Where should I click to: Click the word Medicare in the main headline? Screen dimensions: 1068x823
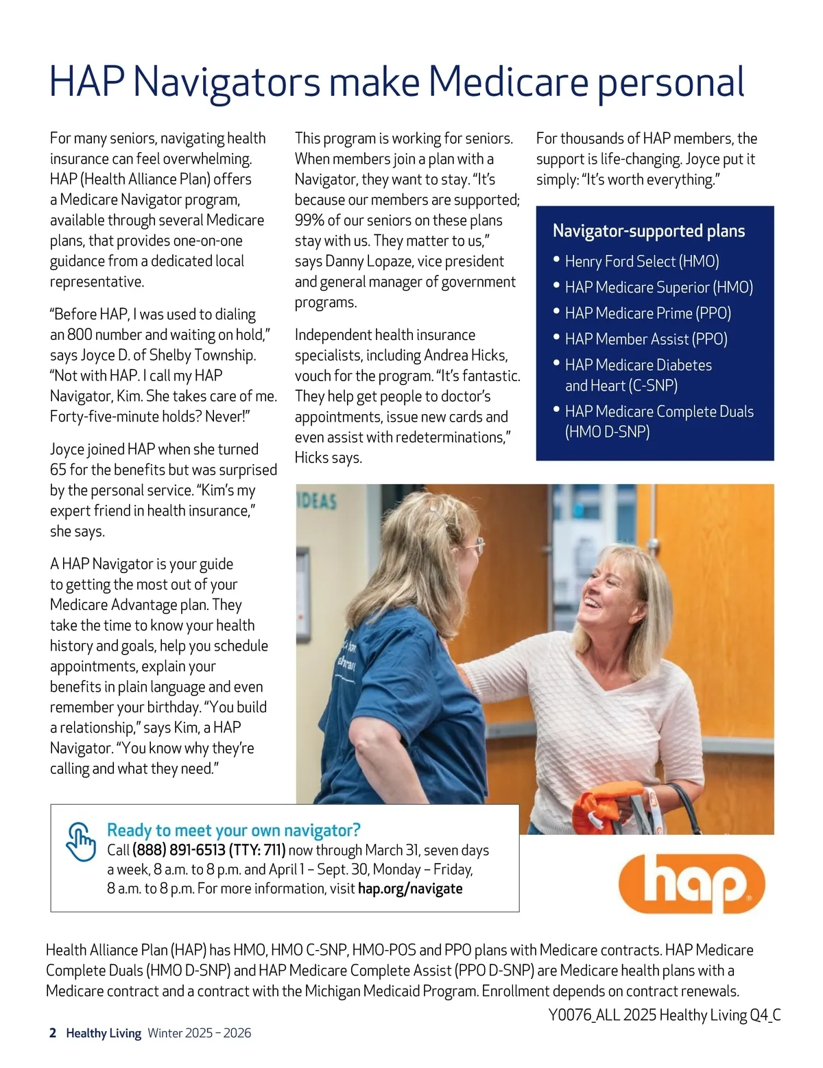(x=508, y=82)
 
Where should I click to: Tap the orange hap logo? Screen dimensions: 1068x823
(x=691, y=883)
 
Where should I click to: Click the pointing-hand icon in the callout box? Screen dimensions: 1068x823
(x=80, y=841)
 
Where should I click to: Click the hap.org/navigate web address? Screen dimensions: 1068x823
(x=410, y=888)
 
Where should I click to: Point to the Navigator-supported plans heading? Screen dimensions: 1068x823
(x=649, y=231)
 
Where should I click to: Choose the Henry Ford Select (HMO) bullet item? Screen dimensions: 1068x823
(x=642, y=261)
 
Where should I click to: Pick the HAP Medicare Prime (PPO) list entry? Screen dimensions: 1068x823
(x=648, y=313)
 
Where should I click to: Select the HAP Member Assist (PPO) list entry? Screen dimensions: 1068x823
(x=646, y=339)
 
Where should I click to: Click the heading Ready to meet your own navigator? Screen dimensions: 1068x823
(x=233, y=830)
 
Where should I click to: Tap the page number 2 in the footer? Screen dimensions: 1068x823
(x=53, y=1033)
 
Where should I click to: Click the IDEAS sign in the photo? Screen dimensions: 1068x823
(x=317, y=500)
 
